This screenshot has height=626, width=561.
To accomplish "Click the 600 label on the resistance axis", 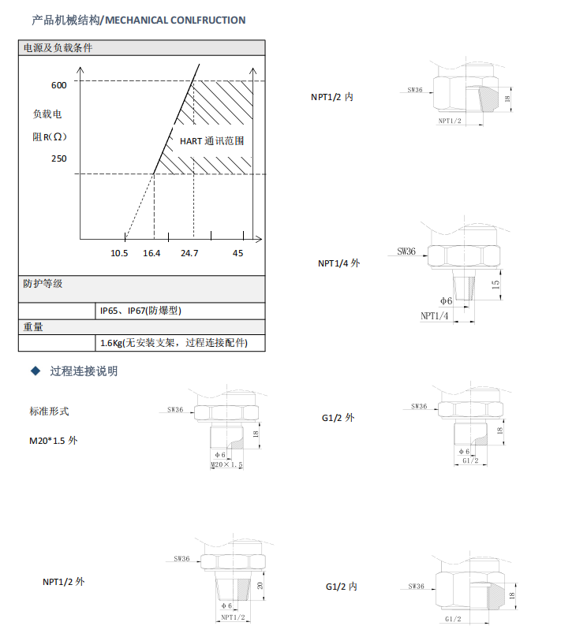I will click(x=59, y=85).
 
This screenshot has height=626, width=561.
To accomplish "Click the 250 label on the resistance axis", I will click(x=59, y=158).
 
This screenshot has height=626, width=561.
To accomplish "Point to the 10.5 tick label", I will click(x=119, y=253).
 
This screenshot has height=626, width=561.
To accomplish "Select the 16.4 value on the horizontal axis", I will click(x=151, y=253).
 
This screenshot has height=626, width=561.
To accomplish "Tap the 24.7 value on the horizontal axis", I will click(x=189, y=253).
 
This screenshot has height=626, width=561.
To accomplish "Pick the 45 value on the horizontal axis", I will click(x=238, y=253).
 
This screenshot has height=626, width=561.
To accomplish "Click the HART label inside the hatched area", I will click(x=191, y=142).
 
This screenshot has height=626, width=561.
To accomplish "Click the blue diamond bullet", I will click(x=34, y=371).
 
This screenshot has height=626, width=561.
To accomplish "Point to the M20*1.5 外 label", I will click(x=54, y=441).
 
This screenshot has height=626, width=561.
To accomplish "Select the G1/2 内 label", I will click(x=342, y=587).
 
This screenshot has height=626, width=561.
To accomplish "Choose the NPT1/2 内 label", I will click(x=331, y=97).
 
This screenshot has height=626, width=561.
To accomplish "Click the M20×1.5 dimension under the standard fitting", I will click(x=226, y=466).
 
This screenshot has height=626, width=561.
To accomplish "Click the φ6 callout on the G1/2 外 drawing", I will click(x=464, y=451).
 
